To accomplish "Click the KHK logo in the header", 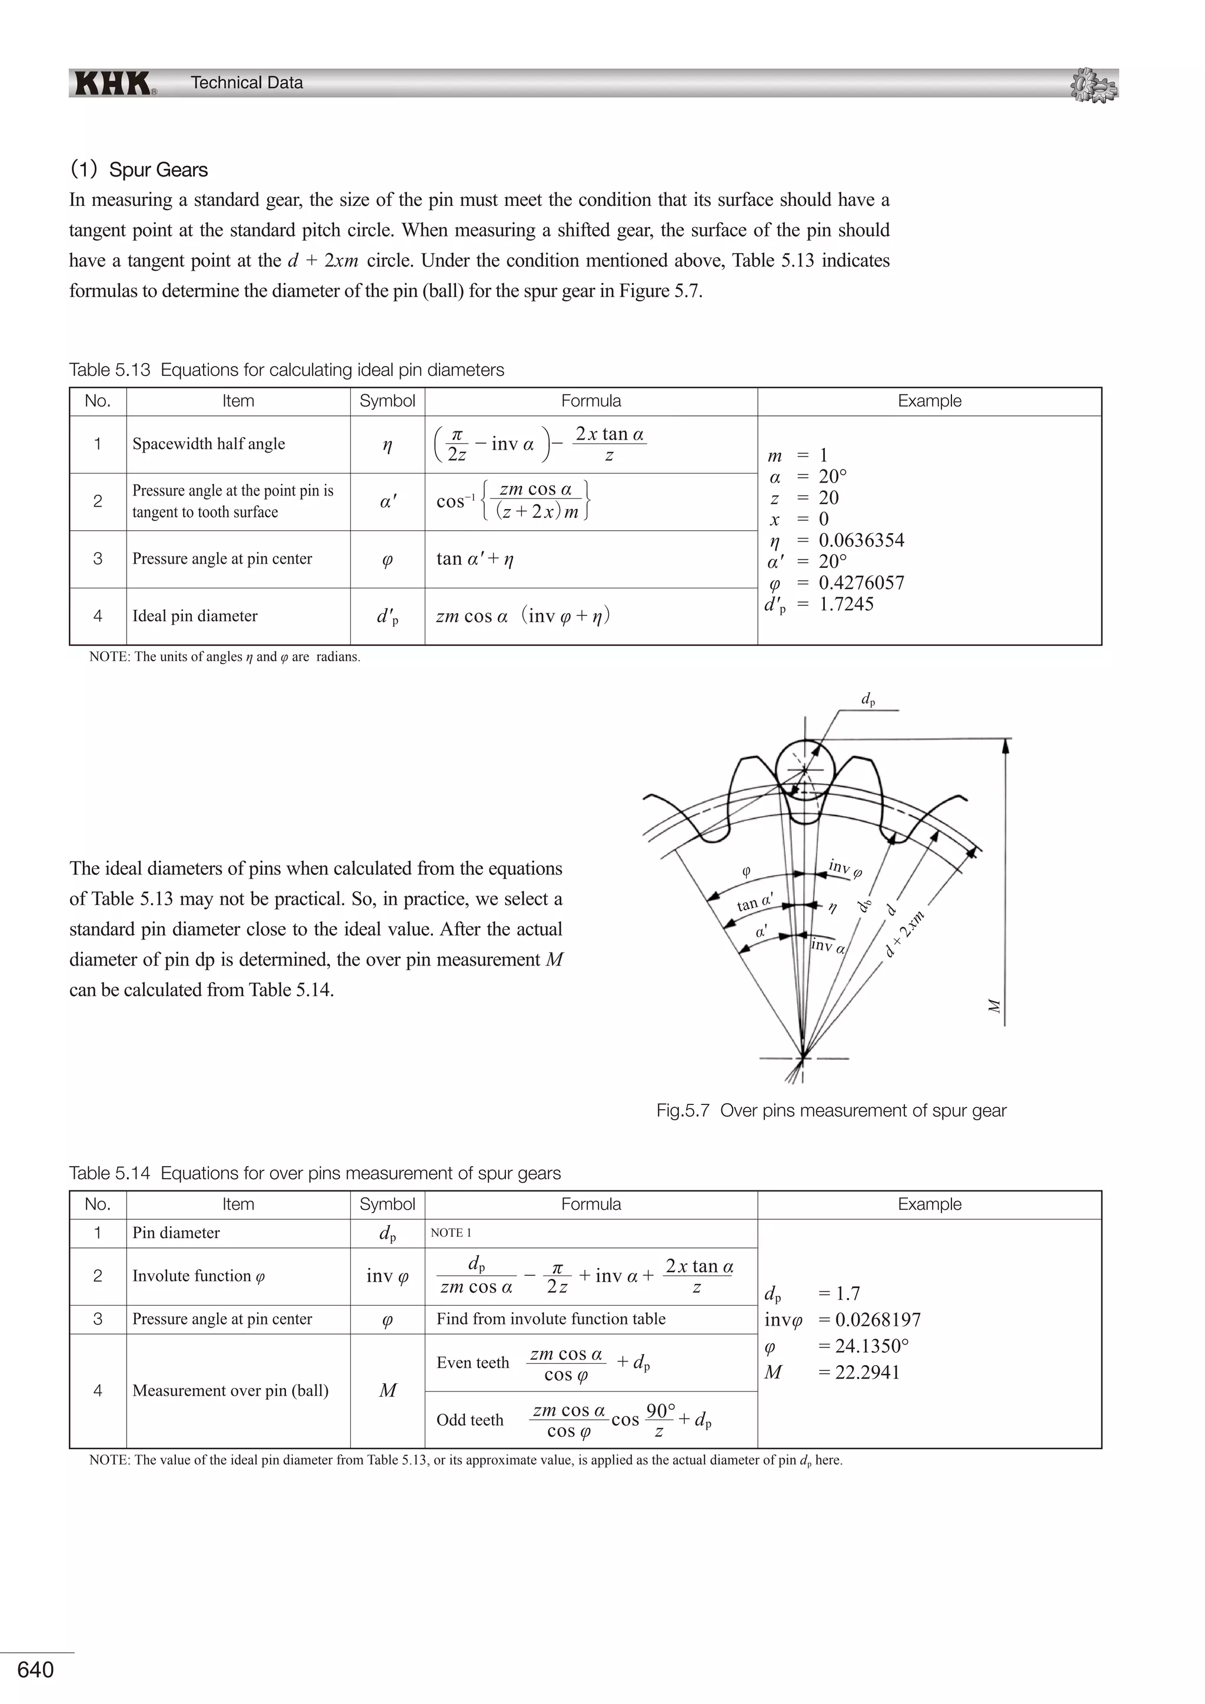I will (114, 83).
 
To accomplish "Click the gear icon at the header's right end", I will (1094, 85).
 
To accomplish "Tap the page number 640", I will (36, 1669).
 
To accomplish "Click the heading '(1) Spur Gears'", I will (139, 169).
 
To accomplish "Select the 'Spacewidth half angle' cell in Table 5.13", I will (208, 444).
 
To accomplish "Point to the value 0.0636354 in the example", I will (861, 540).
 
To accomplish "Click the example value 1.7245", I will (846, 604).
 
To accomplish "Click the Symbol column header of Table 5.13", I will (387, 401).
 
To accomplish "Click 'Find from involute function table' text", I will (551, 1319).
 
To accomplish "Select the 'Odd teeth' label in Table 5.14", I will (470, 1420).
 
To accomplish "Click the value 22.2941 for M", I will (867, 1372).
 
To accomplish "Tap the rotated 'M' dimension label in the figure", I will (995, 1006).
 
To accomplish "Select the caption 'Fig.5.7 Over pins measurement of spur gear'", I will (831, 1111).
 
